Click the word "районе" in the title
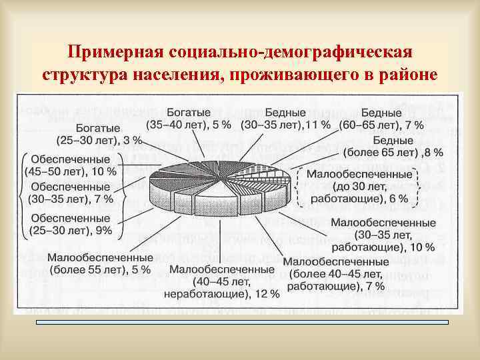tap(409, 74)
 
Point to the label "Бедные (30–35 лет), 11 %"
tap(285, 118)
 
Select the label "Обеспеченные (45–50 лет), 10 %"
tap(71, 165)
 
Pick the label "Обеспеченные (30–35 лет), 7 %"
tap(71, 192)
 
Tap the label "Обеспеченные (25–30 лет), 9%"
tap(70, 224)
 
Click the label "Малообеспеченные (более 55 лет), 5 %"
tap(99, 263)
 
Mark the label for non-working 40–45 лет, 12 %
tap(221, 281)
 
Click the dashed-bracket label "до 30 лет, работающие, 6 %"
tap(360, 186)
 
